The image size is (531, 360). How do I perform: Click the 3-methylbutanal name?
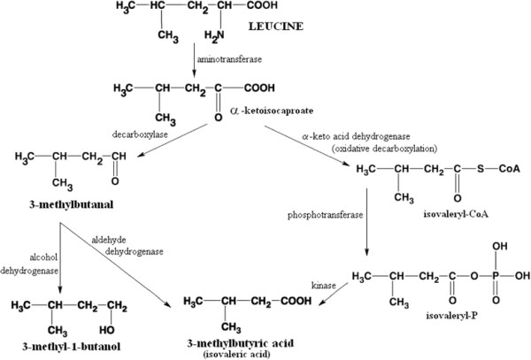[58, 205]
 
